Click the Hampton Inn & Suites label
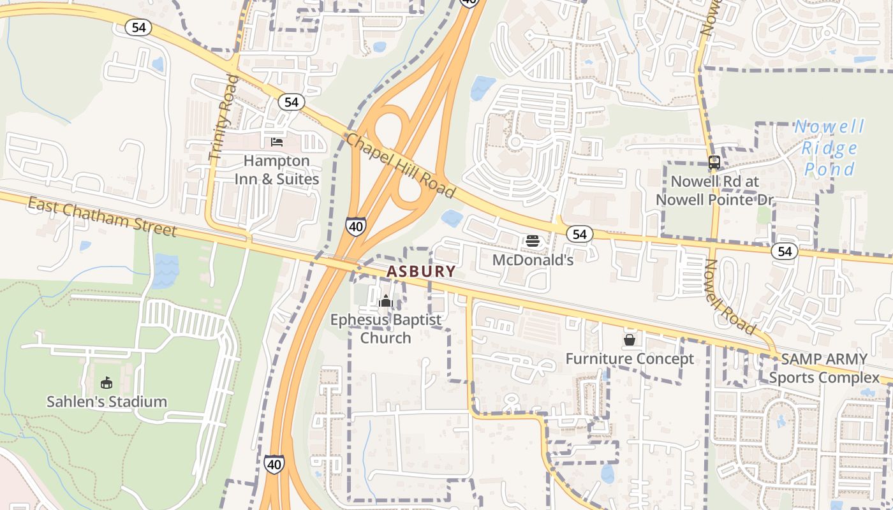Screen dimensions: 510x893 [x=276, y=170]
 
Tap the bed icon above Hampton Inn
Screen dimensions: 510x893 [x=277, y=142]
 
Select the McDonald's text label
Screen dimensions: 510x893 [x=533, y=260]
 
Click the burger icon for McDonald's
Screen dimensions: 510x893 [x=533, y=241]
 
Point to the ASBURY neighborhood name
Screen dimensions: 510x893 [x=421, y=272]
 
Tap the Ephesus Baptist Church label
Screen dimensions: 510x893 [x=385, y=328]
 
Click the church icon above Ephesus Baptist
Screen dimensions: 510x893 [x=385, y=301]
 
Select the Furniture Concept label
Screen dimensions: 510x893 [x=630, y=359]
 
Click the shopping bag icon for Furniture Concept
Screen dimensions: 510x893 [x=630, y=340]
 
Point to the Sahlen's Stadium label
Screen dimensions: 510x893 [x=107, y=402]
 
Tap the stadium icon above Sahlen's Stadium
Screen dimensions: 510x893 [x=107, y=382]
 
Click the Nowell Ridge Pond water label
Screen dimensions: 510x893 [x=829, y=148]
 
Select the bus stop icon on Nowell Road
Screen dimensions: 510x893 [x=714, y=163]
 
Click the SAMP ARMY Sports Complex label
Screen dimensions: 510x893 [x=824, y=368]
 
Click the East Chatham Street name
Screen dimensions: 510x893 [x=102, y=216]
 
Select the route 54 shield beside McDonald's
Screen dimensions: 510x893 [x=579, y=235]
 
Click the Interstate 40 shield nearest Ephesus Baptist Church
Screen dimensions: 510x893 [x=356, y=226]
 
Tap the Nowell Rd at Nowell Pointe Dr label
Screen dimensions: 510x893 [x=714, y=191]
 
